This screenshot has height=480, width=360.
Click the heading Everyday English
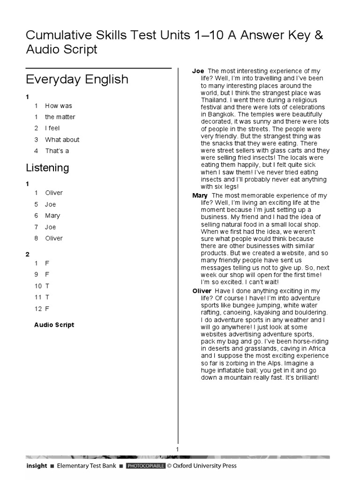[x=77, y=79]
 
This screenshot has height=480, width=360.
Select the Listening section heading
[x=47, y=167]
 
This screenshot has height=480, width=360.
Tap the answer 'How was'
[x=59, y=106]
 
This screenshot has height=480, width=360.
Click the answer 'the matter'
[x=60, y=117]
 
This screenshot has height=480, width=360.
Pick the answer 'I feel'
[x=52, y=128]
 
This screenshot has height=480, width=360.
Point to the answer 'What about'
[x=62, y=140]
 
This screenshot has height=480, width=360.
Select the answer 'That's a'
[x=57, y=151]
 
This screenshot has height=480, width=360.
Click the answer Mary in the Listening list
[x=52, y=216]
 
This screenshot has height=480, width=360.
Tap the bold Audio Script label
[x=54, y=325]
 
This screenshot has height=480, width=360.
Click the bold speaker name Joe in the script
[x=198, y=71]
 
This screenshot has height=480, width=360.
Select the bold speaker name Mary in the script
[x=200, y=195]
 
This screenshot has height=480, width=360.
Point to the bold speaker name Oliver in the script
[x=202, y=291]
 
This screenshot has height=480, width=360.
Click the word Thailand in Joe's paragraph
[x=214, y=100]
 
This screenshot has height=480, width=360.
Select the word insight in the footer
[x=36, y=466]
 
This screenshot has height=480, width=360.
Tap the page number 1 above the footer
[x=178, y=450]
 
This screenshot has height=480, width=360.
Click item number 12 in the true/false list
[x=38, y=308]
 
